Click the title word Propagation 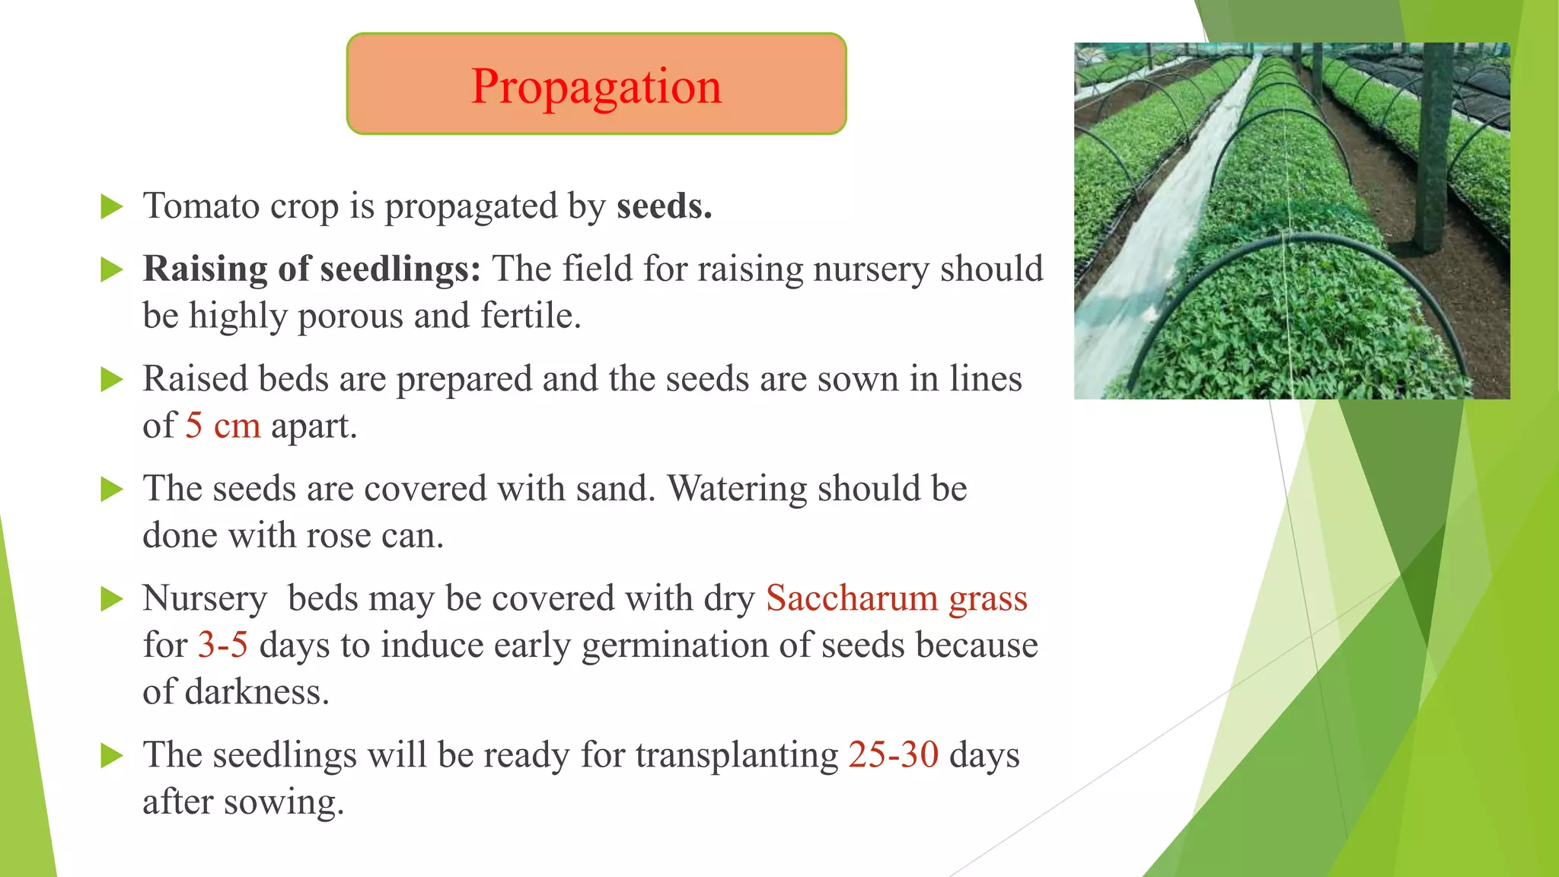tap(596, 86)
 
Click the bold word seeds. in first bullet tap(664, 206)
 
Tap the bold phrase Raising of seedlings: tap(311, 269)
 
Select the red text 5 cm tap(222, 426)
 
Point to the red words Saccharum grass tap(896, 598)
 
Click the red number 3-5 tap(222, 646)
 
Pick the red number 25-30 tap(893, 755)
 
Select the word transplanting tap(736, 756)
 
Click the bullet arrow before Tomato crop tap(112, 206)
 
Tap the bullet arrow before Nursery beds tap(112, 599)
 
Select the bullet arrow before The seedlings tap(112, 756)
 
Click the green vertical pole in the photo tap(1434, 152)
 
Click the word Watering tap(736, 489)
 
